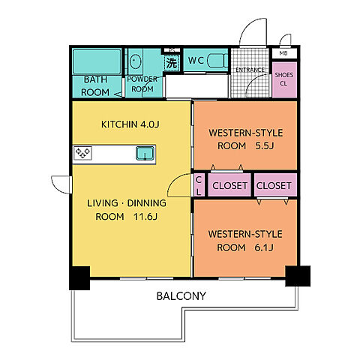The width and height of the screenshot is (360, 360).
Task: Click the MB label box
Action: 284,53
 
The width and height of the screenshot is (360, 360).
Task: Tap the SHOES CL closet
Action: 284,79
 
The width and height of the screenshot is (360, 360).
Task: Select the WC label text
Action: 196,60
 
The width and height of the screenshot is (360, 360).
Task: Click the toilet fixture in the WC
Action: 217,60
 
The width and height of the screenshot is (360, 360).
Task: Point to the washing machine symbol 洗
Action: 172,63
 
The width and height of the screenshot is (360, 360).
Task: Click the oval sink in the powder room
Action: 135,61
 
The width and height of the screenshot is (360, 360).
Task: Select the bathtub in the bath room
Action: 97,61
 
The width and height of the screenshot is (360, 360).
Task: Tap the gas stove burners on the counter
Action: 82,153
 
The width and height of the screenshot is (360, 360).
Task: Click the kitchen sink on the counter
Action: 145,153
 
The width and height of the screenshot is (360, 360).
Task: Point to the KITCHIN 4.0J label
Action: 130,124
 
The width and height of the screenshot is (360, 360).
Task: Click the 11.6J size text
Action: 145,217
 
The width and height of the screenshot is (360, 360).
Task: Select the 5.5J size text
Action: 265,145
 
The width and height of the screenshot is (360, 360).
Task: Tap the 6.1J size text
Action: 264,247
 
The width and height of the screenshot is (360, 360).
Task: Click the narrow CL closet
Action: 199,184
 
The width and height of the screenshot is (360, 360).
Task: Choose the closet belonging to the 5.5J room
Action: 229,184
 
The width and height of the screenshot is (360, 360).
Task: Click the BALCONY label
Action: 181,296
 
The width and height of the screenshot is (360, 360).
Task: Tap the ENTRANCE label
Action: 250,70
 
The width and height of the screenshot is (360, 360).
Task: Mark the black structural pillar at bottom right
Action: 298,276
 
